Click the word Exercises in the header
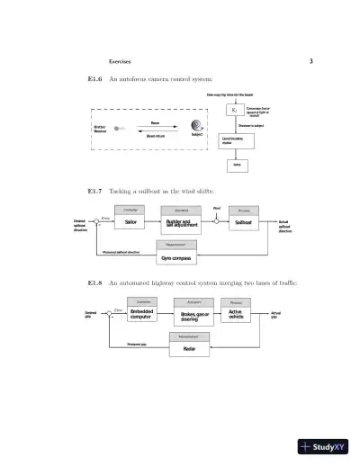click(x=120, y=62)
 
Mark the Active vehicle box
click(x=237, y=315)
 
